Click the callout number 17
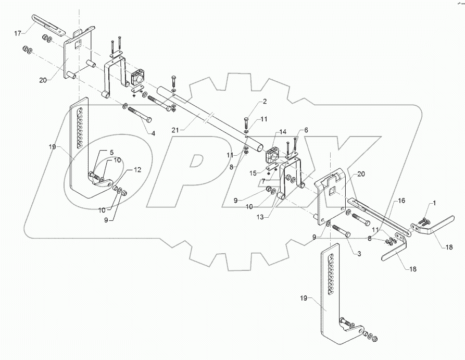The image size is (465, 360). pyautogui.click(x=18, y=33)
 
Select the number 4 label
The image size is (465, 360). pyautogui.click(x=153, y=133)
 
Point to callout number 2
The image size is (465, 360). pyautogui.click(x=265, y=101)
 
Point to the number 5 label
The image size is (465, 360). pyautogui.click(x=110, y=152)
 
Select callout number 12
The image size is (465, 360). pyautogui.click(x=137, y=170)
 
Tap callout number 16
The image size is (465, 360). pyautogui.click(x=401, y=200)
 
